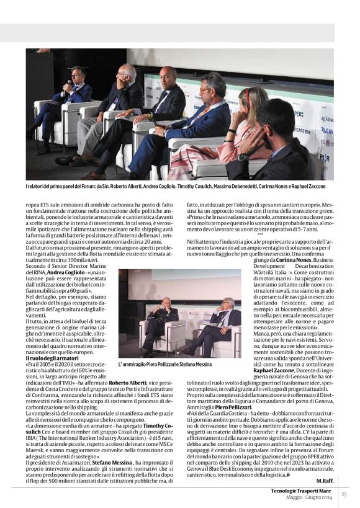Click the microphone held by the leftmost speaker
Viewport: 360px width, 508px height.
point(67,83)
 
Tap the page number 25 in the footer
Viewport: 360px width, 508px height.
point(344,494)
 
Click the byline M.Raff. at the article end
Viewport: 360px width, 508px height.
point(325,481)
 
